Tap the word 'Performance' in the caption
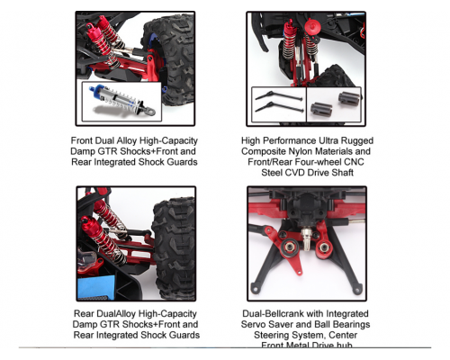(292, 141)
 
